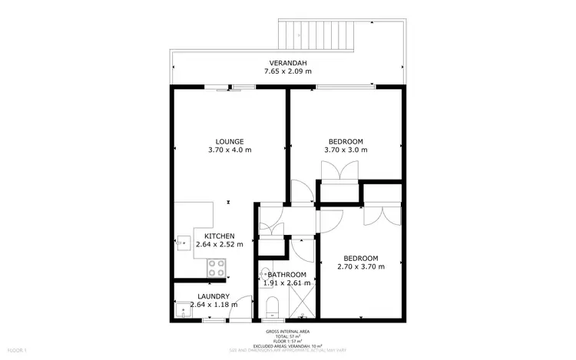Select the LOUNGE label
230,141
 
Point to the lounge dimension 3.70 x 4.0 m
230,150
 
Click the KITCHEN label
219,236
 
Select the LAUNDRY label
214,296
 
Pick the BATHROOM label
286,275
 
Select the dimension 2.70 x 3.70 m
361,267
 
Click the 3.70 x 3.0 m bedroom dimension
346,150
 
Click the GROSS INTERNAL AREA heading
287,331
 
